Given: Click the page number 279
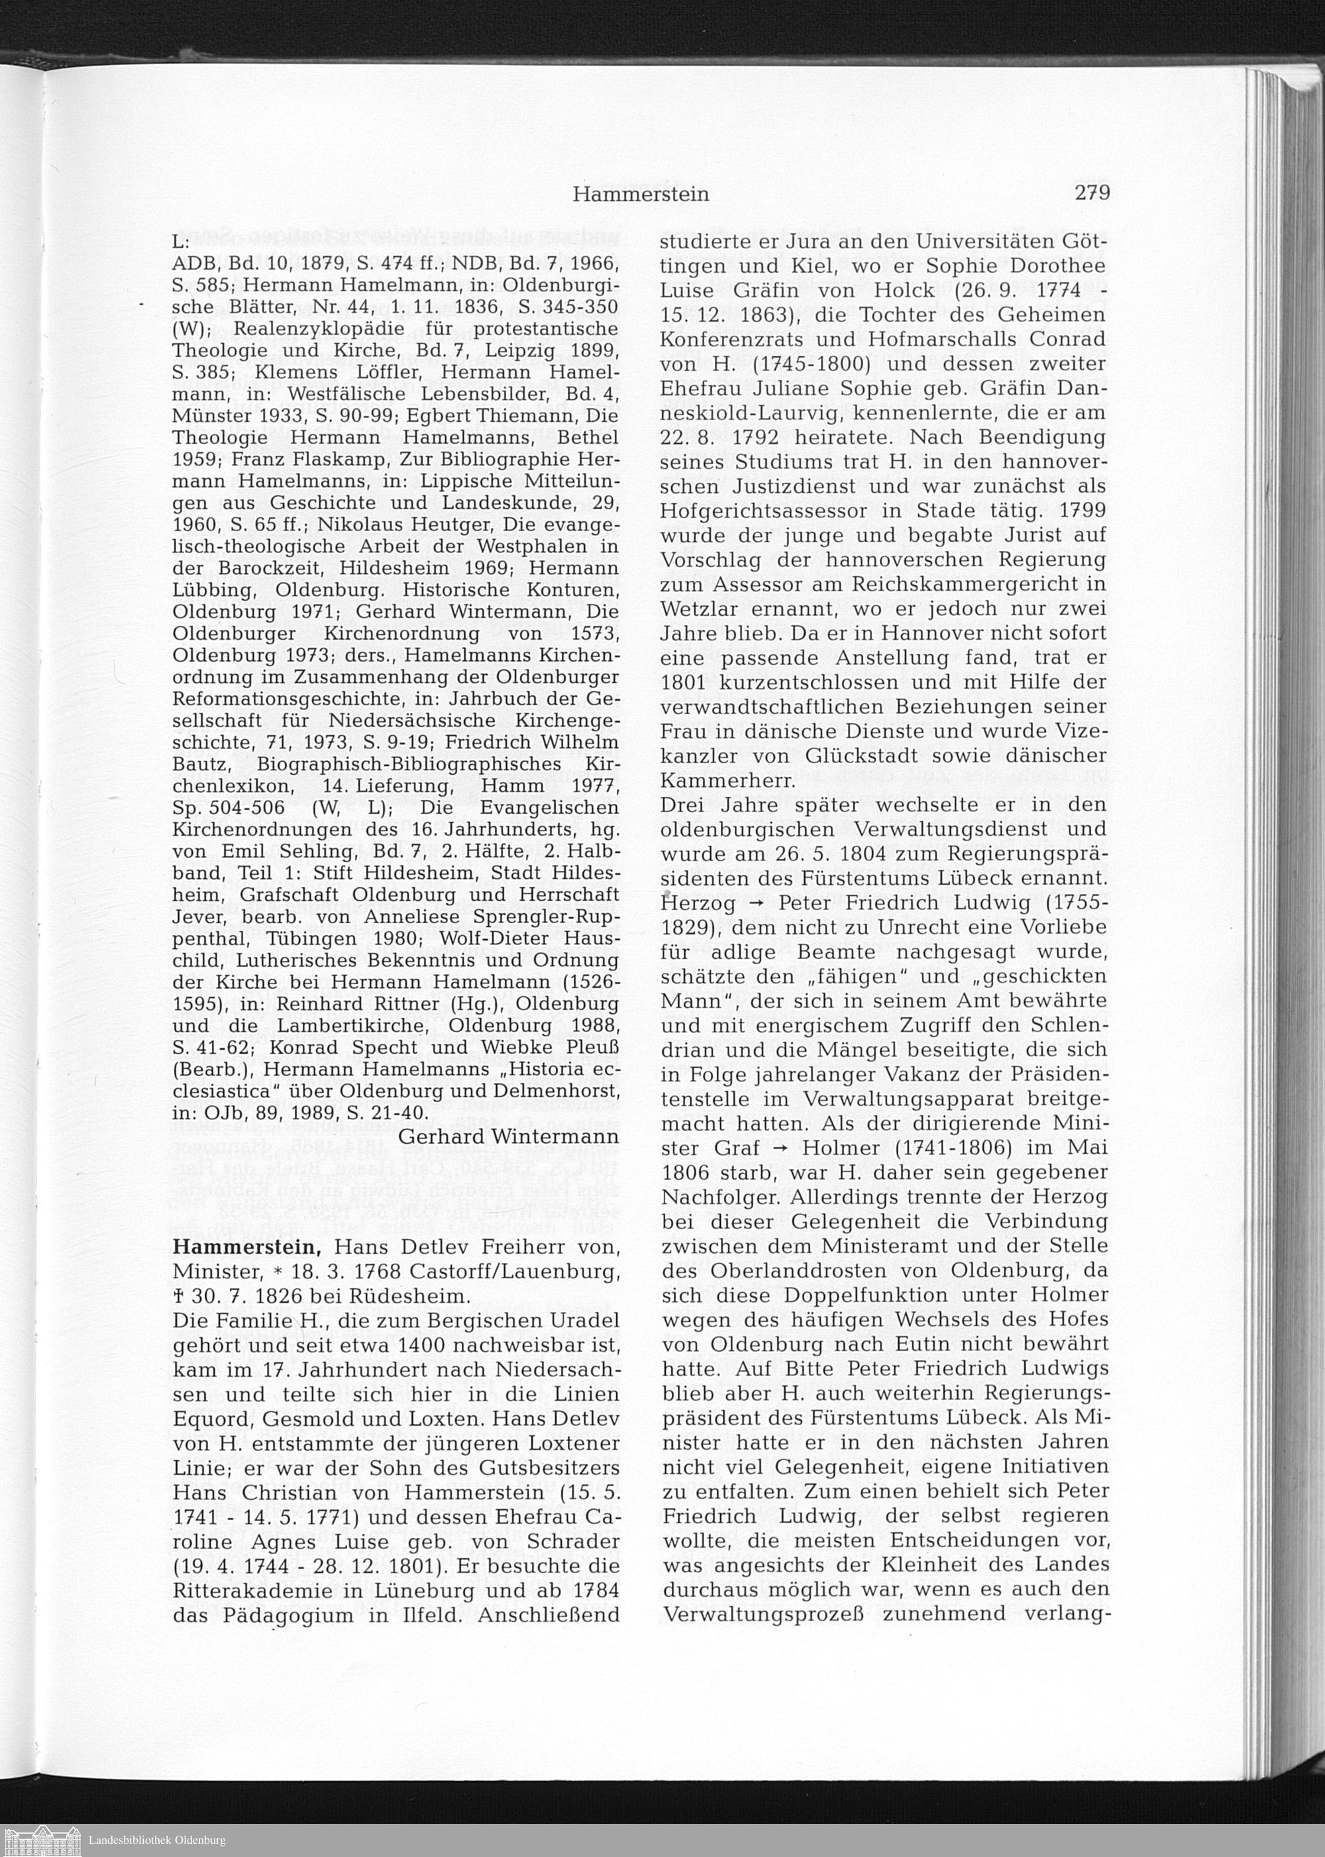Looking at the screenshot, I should [x=1092, y=193].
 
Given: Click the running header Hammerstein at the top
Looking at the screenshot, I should [x=641, y=194].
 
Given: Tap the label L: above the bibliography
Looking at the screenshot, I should [x=180, y=243].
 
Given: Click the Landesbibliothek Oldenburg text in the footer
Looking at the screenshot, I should [x=156, y=1839].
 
